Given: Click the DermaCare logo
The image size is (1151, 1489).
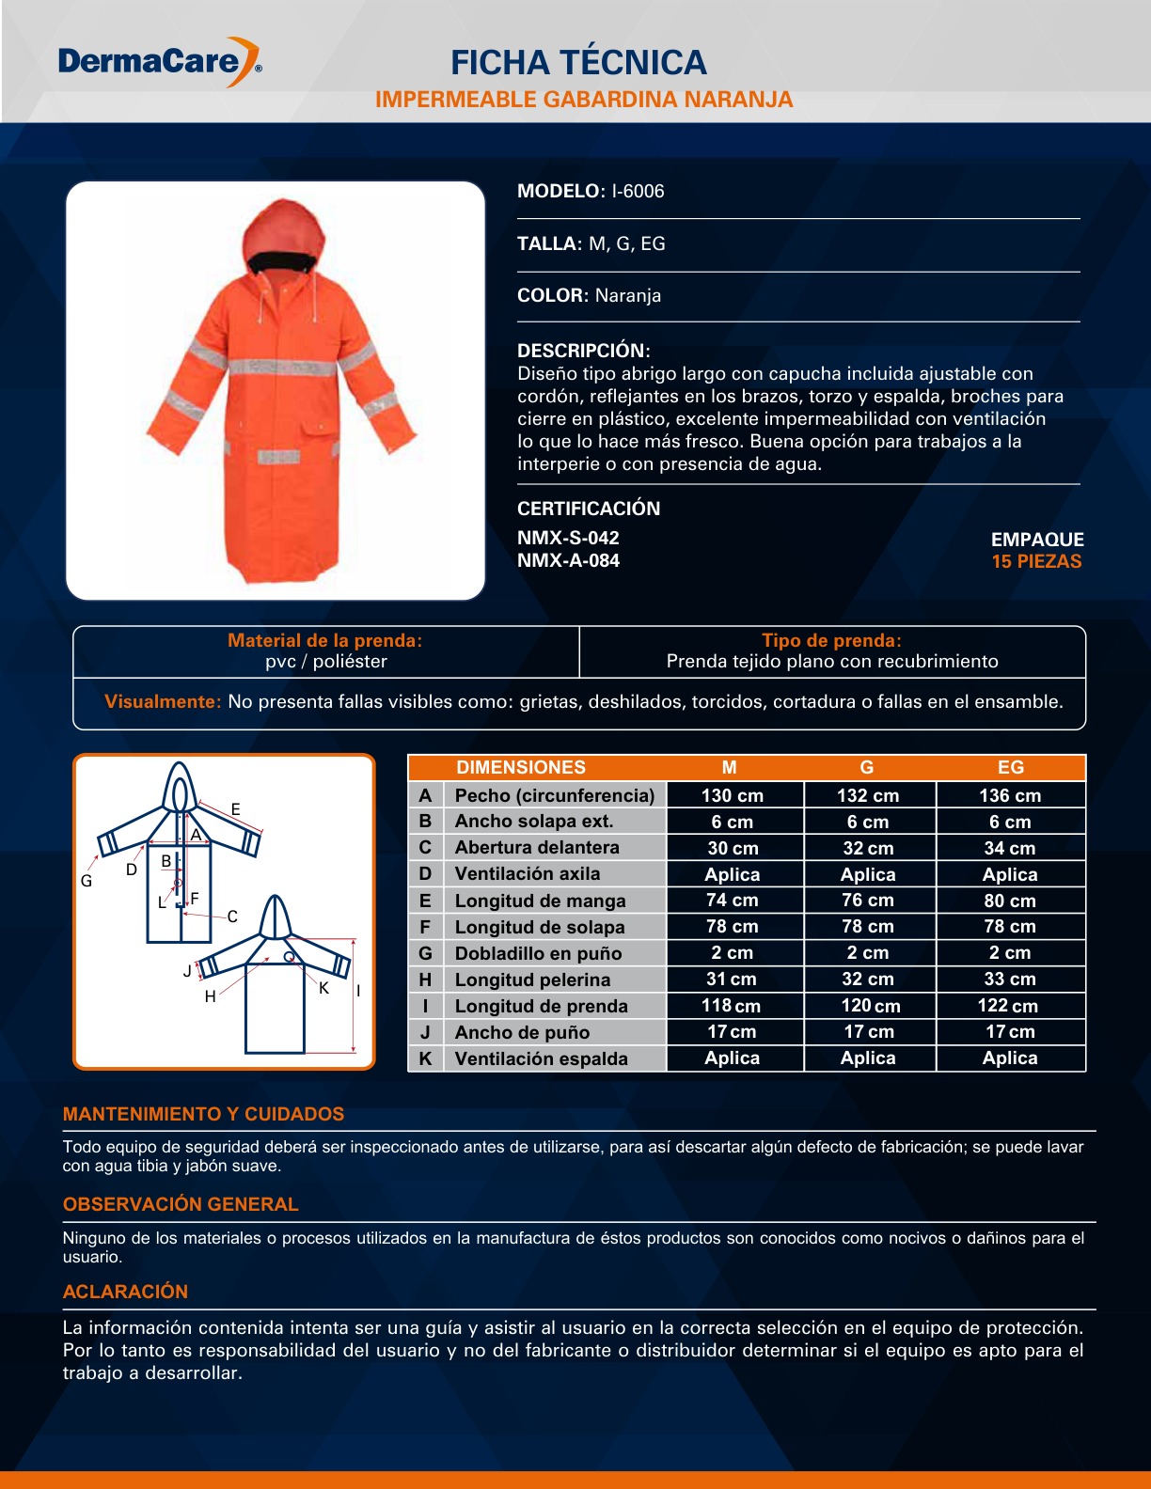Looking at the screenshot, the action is (x=160, y=62).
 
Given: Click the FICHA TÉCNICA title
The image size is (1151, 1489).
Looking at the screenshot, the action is (x=578, y=62).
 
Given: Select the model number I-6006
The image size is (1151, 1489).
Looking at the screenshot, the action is (x=638, y=191).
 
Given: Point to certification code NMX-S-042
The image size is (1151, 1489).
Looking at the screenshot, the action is (x=568, y=538).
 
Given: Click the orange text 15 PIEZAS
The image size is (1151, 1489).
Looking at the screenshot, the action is (x=1036, y=561).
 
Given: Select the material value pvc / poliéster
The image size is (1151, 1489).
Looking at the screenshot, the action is (x=326, y=661).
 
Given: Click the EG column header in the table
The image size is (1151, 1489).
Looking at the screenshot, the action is (x=1011, y=767).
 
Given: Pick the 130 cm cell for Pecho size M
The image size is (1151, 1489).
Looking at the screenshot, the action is (x=733, y=795).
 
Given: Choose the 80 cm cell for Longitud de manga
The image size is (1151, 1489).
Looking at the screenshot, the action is (x=1010, y=901).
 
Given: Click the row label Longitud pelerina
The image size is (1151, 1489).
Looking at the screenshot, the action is (x=532, y=980).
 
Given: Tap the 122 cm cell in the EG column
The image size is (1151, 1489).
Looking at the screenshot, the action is (x=1008, y=1006).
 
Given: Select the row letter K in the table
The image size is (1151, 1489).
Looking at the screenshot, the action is (x=425, y=1058).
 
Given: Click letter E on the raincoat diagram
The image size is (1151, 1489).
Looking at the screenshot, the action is (x=235, y=809).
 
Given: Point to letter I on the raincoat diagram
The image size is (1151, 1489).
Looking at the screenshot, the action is (x=358, y=991).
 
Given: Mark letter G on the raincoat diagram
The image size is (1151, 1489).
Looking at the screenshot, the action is (x=87, y=881).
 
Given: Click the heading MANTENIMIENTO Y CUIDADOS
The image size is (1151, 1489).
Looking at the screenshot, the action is (x=204, y=1114).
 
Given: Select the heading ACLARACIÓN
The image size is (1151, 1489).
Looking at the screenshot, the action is (x=125, y=1292).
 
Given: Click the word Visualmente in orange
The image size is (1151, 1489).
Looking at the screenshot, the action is (x=164, y=701).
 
